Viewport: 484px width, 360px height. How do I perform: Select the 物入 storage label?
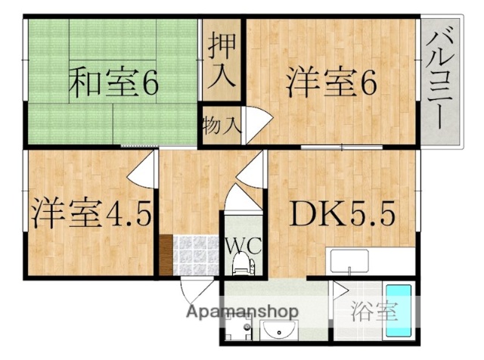tap(222, 126)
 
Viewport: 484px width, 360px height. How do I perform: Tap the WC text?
tap(242, 245)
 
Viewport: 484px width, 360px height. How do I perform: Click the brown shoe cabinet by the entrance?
tap(165, 256)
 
